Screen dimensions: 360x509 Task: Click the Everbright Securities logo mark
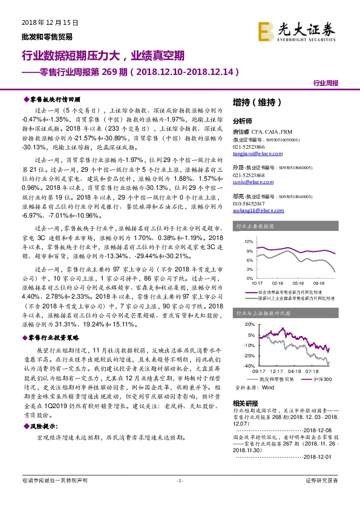coord(264,30)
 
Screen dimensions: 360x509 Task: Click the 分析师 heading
coord(242,120)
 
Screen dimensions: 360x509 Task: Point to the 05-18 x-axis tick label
coord(298,282)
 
